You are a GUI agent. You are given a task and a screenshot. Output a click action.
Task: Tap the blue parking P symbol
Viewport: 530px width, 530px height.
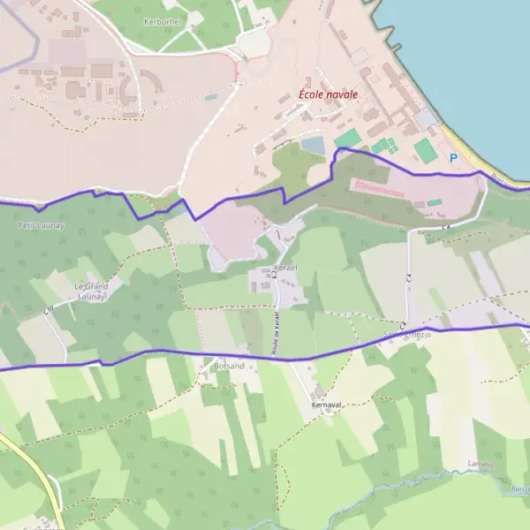click(x=454, y=158)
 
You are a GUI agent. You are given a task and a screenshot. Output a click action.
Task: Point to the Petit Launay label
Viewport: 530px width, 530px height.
click(x=41, y=225)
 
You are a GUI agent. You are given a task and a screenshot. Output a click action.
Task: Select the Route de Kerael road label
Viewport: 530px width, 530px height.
click(x=275, y=333)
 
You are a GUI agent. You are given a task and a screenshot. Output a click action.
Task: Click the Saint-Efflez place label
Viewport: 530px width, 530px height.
click(x=404, y=336)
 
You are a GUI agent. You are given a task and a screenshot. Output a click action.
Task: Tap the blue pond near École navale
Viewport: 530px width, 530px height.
click(x=313, y=144)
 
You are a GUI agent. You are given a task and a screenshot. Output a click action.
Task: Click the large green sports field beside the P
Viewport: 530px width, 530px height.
click(x=426, y=150)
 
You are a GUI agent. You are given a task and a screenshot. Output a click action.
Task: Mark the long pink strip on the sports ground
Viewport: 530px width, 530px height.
click(x=378, y=188)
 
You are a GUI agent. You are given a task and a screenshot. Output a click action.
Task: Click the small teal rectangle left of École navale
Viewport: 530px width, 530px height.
click(x=210, y=96)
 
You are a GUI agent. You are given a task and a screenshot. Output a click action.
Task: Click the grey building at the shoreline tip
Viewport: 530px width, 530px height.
click(x=426, y=117)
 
